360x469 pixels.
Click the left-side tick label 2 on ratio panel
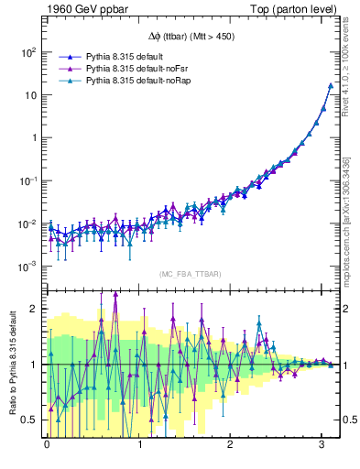33,309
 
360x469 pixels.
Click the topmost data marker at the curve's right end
330,86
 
